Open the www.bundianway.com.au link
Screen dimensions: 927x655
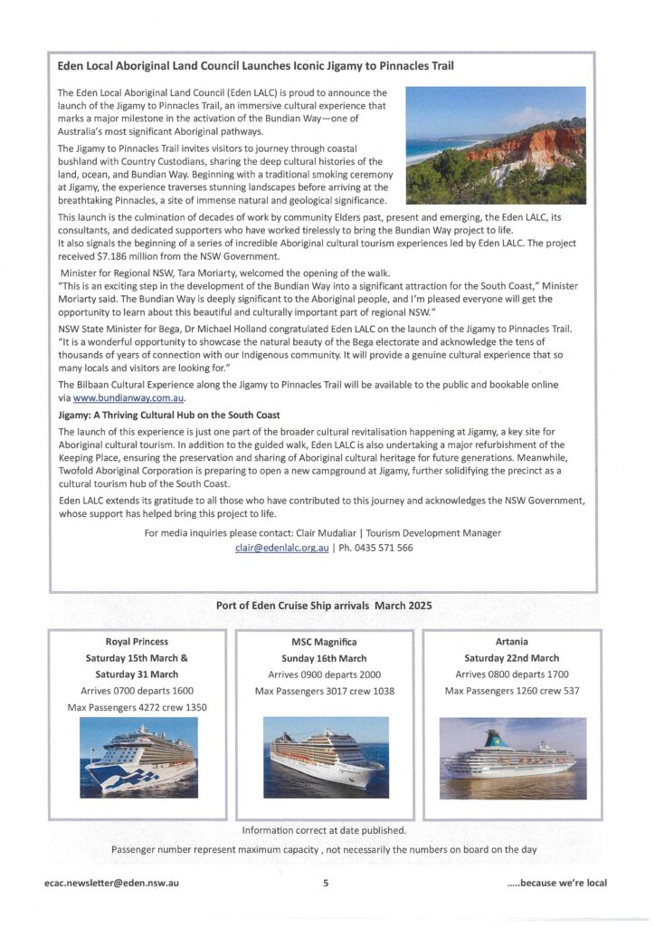point(128,397)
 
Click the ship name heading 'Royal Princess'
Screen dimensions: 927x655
point(137,642)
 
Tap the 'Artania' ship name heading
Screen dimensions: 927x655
point(511,642)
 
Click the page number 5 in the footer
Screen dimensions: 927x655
point(326,883)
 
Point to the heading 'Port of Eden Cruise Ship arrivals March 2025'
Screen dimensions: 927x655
point(324,606)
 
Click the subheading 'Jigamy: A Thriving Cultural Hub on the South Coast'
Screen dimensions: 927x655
point(168,415)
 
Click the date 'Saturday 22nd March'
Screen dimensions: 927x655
point(511,658)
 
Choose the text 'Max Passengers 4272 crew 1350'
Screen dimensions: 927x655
point(137,707)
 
